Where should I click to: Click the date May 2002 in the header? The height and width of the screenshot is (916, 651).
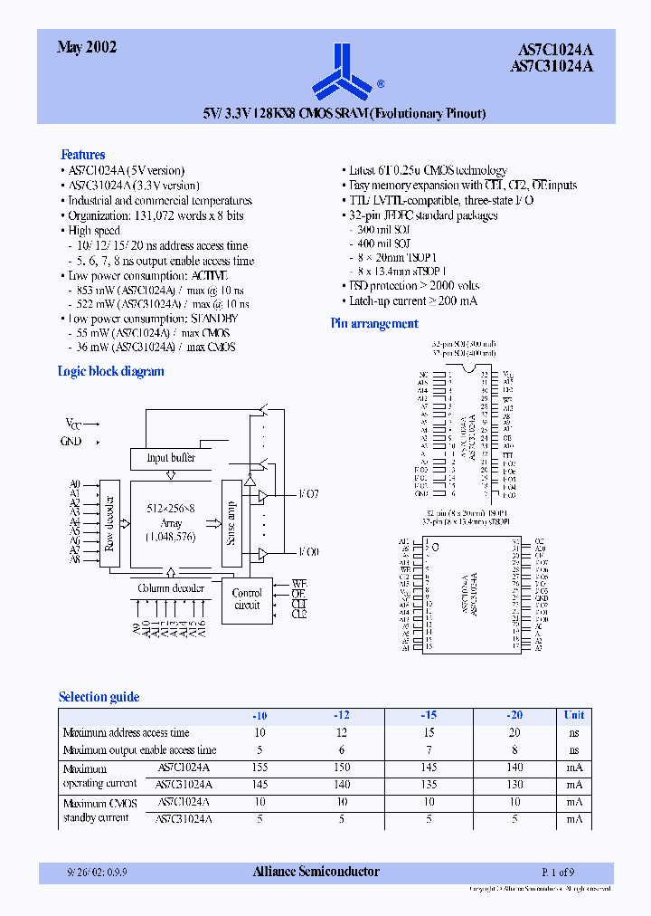point(87,48)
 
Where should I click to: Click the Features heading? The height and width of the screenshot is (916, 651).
point(82,155)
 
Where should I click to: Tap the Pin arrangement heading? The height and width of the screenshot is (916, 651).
point(373,323)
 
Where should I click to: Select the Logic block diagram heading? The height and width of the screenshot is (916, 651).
point(110,371)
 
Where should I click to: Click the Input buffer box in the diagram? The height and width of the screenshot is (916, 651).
point(171,458)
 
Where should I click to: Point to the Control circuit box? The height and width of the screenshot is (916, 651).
point(247,598)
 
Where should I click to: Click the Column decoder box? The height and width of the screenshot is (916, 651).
point(171,588)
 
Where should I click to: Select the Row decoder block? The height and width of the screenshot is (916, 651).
point(109,524)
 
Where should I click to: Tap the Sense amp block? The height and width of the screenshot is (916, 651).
point(231,523)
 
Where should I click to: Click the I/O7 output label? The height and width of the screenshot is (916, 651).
point(309,495)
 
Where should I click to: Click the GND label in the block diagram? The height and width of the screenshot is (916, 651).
point(72,442)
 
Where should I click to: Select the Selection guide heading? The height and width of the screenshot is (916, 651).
point(99,697)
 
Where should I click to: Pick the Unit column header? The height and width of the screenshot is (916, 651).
point(574,714)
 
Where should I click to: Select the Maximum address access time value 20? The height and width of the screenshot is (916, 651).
point(514,732)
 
